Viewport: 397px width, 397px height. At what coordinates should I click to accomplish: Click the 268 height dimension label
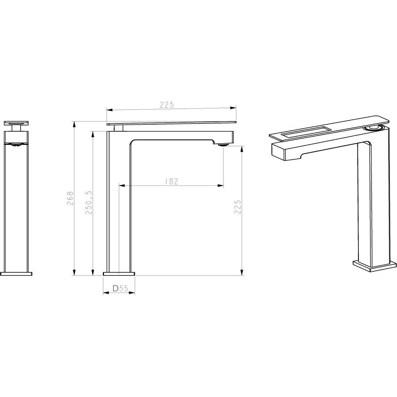pos(70,197)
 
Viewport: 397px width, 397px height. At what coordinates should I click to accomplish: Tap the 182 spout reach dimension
pos(171,181)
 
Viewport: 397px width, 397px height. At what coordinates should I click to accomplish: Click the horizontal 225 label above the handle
pos(167,105)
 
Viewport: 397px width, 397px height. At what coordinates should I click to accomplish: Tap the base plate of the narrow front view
pos(17,273)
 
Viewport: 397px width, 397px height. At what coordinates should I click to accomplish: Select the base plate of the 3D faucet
pos(375,266)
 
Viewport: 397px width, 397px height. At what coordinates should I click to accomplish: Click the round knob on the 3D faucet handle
pos(374,127)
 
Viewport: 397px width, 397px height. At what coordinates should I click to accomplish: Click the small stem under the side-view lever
pos(118,127)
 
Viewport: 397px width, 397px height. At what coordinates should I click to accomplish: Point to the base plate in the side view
pos(119,273)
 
